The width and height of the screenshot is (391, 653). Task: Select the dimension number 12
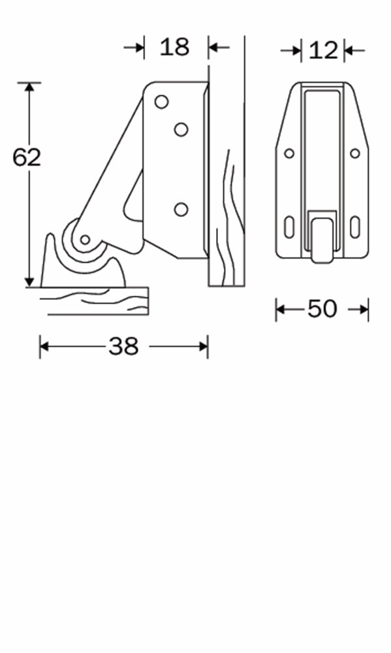pyautogui.click(x=322, y=50)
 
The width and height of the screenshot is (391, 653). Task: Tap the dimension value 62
pyautogui.click(x=27, y=157)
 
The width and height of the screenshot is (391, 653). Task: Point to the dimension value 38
pyautogui.click(x=123, y=346)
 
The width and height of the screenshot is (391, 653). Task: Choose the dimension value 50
pyautogui.click(x=322, y=309)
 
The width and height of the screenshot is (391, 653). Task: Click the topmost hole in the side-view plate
pyautogui.click(x=162, y=102)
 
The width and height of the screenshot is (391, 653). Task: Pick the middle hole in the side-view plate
pyautogui.click(x=181, y=129)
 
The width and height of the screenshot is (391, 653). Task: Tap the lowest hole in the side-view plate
pyautogui.click(x=181, y=209)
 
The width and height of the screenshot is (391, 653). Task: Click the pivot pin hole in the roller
pyautogui.click(x=85, y=240)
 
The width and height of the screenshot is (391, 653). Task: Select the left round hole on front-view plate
pyautogui.click(x=289, y=153)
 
